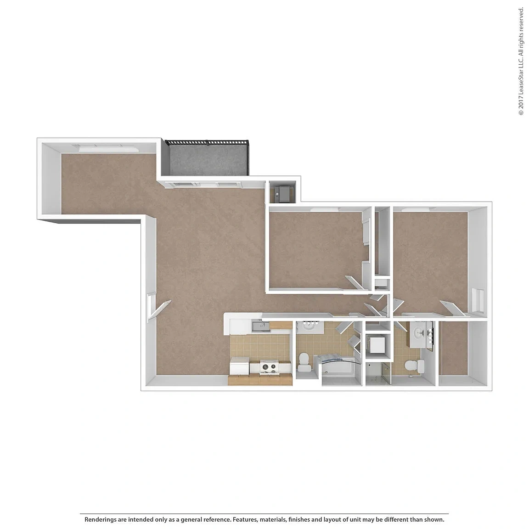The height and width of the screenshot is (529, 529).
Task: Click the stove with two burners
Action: (x=269, y=367)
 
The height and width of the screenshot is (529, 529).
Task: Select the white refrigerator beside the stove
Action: (x=239, y=366)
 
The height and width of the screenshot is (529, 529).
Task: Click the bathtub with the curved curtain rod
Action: (x=339, y=369)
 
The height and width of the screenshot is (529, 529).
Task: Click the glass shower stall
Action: (x=378, y=373)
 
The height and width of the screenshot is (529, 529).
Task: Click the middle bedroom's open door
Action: (x=355, y=283)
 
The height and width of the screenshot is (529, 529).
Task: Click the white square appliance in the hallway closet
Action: (x=377, y=343)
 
